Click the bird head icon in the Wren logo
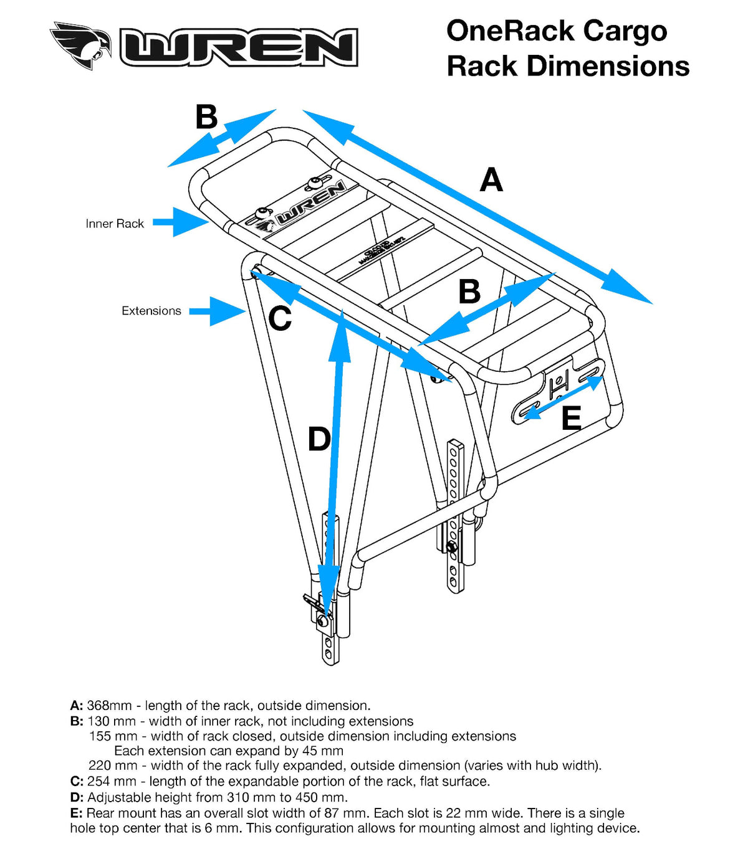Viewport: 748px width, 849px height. [81, 45]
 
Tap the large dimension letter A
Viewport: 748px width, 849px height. [491, 180]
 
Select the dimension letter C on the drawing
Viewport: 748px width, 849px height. [280, 319]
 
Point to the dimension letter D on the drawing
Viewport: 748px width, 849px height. [319, 439]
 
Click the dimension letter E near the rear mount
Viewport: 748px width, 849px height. [571, 418]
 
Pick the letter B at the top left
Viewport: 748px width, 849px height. [206, 117]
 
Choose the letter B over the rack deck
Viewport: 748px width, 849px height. [469, 292]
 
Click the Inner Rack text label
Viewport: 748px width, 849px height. [115, 224]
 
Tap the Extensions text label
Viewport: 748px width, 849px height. [151, 311]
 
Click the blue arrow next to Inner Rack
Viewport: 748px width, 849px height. [180, 222]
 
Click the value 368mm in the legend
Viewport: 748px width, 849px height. [109, 706]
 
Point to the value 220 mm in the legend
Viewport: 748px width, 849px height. [112, 766]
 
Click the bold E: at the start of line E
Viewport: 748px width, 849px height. [76, 813]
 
